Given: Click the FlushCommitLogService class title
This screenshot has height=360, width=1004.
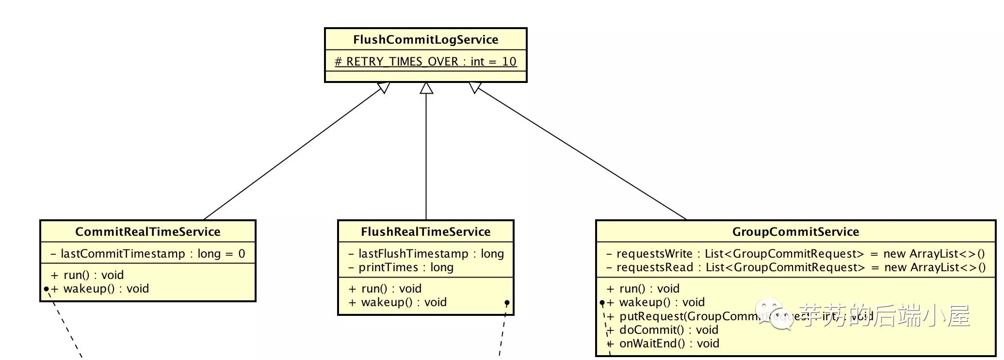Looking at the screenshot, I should pyautogui.click(x=425, y=40).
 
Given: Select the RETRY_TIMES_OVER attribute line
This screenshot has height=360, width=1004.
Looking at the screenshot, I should pyautogui.click(x=425, y=62).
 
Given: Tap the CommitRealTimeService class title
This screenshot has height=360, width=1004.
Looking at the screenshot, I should pyautogui.click(x=147, y=232).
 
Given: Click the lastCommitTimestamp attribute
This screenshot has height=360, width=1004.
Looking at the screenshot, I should pyautogui.click(x=147, y=254).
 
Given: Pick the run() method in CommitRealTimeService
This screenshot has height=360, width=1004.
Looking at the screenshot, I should pyautogui.click(x=87, y=275).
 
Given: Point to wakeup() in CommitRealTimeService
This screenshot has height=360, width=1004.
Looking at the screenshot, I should pyautogui.click(x=100, y=289).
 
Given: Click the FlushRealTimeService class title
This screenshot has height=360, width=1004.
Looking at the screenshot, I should pyautogui.click(x=425, y=232).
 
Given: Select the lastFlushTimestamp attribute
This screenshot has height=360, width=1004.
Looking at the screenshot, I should pyautogui.click(x=426, y=254).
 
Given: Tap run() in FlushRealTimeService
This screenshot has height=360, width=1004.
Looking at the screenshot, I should pyautogui.click(x=385, y=289).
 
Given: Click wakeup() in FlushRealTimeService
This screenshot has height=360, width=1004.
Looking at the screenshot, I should pyautogui.click(x=398, y=302).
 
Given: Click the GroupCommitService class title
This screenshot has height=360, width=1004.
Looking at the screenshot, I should pyautogui.click(x=795, y=232).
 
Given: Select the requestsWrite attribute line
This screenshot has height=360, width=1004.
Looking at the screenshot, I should pyautogui.click(x=795, y=254).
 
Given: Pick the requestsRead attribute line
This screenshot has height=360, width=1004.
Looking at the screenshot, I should pyautogui.click(x=796, y=267).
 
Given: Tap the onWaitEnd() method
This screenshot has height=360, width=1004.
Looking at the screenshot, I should pyautogui.click(x=663, y=344).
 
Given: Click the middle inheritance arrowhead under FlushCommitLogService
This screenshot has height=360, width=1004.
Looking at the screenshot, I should pyautogui.click(x=426, y=88).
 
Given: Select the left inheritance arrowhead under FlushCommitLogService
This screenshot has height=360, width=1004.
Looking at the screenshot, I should pyautogui.click(x=384, y=87).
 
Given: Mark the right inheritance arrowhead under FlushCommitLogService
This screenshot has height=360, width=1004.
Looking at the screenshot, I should pyautogui.click(x=475, y=87).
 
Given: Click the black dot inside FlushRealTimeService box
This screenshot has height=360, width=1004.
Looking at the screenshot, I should pyautogui.click(x=507, y=303).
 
